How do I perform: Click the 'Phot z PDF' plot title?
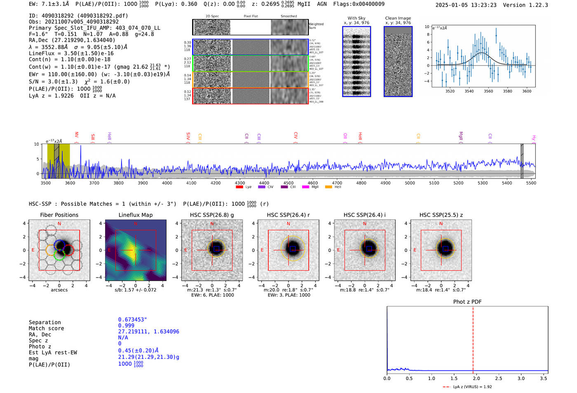467,302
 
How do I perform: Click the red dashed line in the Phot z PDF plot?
473,338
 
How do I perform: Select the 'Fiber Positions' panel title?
59,215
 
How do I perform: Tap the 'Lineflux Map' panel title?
136,215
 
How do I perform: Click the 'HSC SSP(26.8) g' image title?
212,215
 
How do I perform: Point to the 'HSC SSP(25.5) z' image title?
441,215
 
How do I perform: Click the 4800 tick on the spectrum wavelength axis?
361,183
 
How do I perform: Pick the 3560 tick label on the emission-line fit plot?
488,91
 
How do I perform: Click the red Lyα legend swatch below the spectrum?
239,187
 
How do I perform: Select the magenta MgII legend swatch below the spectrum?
305,187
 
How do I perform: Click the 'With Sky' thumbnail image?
357,62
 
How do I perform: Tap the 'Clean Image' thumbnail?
398,62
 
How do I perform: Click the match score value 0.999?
126,326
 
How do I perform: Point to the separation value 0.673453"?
132,320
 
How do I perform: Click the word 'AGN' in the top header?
322,4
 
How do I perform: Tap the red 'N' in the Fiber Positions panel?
59,224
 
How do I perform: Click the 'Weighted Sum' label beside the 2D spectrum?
316,26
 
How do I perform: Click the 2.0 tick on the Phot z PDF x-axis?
476,378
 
